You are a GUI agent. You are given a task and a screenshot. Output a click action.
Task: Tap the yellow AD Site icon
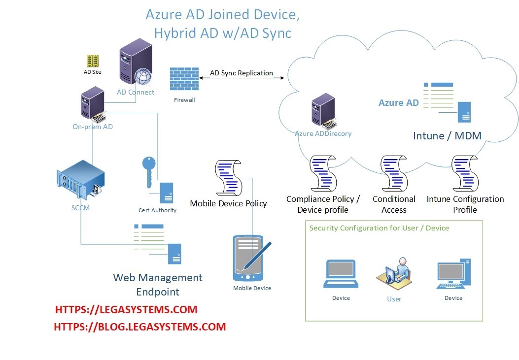pos(92,61)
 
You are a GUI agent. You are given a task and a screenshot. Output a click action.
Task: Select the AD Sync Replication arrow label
pos(242,73)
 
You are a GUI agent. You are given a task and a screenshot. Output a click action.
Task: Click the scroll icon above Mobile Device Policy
pos(228,178)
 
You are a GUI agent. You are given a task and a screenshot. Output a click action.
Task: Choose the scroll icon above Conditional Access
pos(394,173)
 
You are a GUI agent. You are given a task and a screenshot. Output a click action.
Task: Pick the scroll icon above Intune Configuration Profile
pos(465,173)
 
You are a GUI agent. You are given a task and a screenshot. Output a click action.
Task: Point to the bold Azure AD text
pos(398,103)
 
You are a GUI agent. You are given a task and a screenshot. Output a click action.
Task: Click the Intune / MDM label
pos(447,136)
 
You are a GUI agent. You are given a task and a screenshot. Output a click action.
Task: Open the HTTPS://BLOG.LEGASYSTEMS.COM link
pos(139,327)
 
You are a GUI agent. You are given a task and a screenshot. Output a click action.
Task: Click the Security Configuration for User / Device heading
pos(379,228)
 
